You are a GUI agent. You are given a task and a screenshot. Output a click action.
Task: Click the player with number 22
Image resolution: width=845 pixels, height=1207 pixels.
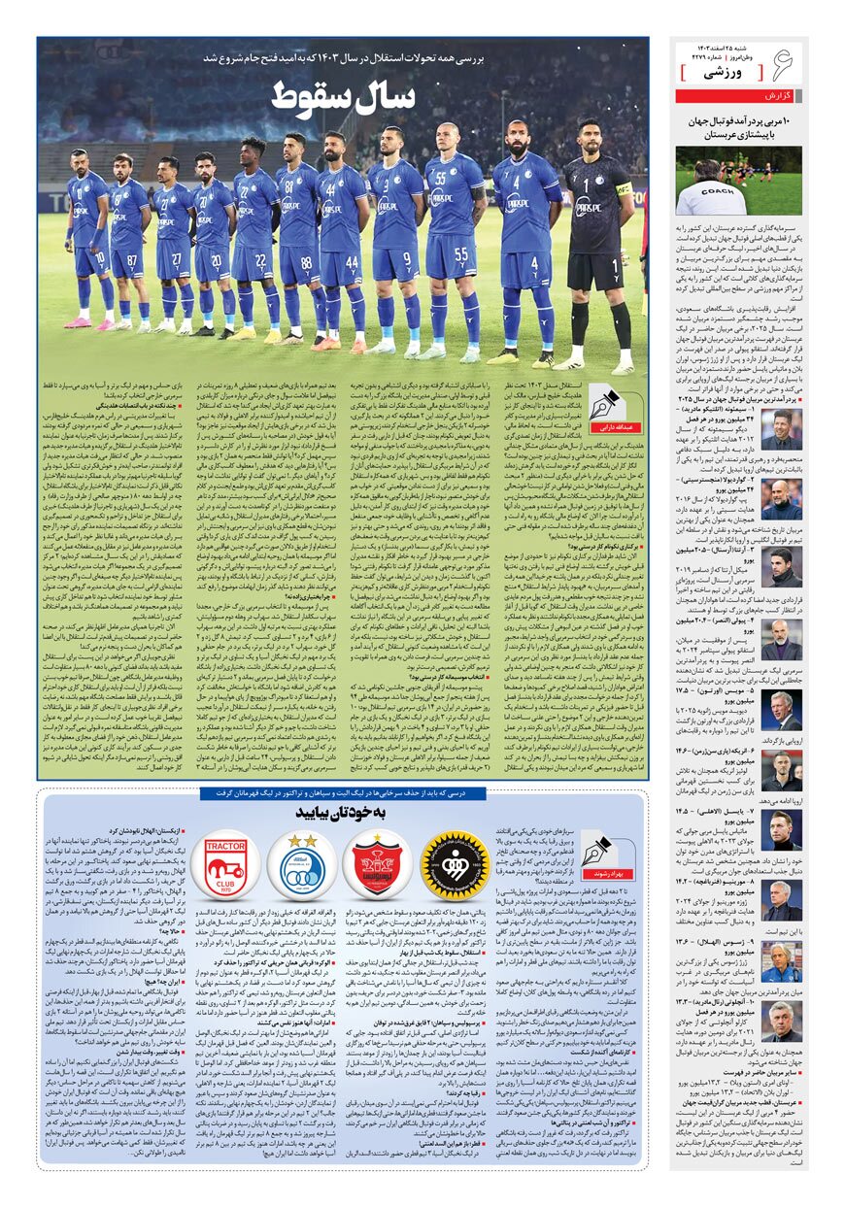pos(254,243)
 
